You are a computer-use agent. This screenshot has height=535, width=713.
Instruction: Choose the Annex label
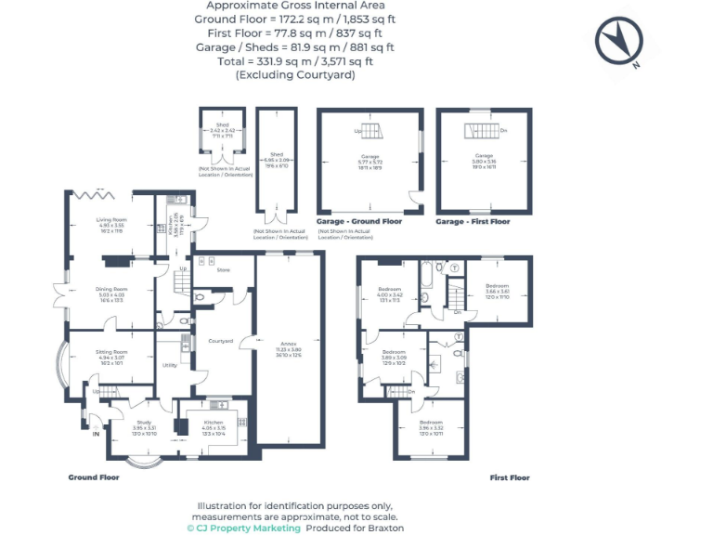pos(287,349)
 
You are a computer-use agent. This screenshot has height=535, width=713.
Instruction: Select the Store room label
pos(223,270)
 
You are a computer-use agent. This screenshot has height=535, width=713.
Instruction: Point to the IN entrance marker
pos(96,433)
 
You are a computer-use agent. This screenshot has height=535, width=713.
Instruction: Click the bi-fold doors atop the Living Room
pos(94,193)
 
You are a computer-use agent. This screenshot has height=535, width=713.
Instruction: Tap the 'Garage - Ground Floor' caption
pos(359,222)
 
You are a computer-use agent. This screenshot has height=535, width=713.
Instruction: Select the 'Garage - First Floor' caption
pos(473,222)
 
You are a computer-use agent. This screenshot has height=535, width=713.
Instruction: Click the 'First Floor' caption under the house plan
pos(510,477)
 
